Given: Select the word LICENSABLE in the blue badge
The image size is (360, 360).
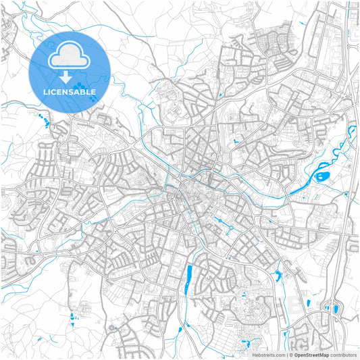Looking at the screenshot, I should (x=70, y=92).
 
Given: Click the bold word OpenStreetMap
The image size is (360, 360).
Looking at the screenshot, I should (x=311, y=354).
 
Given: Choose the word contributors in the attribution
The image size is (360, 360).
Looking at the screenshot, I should (x=344, y=354).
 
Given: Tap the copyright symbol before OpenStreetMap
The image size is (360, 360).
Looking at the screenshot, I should (x=290, y=354).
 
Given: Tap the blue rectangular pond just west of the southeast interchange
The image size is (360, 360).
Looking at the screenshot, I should (x=309, y=303).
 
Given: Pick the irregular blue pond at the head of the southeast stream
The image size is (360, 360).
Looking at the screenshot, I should (x=278, y=274).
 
